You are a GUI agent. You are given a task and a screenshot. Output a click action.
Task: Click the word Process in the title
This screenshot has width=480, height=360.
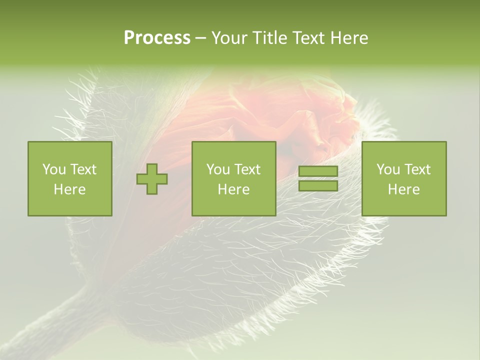[157, 38]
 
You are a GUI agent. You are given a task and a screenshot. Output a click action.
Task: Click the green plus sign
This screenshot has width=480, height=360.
[152, 179]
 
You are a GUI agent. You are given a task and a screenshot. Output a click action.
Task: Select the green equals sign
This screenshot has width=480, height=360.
[318, 178]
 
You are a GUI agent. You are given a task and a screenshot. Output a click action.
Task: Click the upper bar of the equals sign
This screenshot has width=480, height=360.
[318, 171]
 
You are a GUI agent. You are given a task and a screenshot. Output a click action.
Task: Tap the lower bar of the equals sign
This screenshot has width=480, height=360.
[318, 185]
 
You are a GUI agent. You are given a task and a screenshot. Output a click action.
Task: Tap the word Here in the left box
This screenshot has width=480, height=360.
[69, 189]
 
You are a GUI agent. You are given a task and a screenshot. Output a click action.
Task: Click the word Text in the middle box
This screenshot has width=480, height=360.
[246, 169]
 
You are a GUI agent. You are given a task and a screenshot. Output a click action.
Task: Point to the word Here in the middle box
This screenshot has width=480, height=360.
[233, 189]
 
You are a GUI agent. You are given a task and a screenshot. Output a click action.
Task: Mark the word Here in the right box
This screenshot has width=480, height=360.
[403, 189]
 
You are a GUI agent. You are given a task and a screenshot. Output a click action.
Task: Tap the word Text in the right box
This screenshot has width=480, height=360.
[416, 169]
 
